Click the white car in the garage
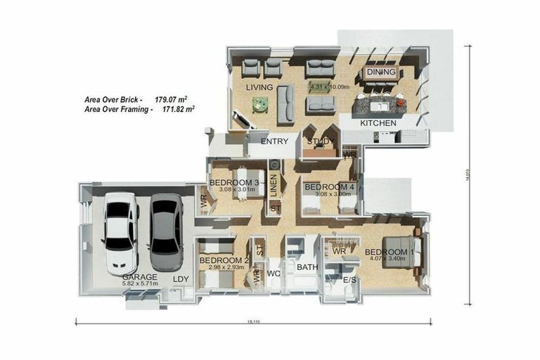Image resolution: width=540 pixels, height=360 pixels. point(121,233)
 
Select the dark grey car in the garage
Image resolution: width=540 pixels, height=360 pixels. point(166,232)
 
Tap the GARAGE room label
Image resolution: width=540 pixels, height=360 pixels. point(139,278)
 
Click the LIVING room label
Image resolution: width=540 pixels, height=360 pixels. point(259,87)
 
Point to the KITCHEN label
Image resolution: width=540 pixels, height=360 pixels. point(378,123)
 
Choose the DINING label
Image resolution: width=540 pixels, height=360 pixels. point(381,72)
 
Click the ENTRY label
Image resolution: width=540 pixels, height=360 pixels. point(274,141)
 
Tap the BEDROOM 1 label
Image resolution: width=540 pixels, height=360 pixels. point(389,252)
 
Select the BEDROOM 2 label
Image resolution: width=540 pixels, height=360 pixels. point(220,260)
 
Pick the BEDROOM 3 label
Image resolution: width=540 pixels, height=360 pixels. point(234,184)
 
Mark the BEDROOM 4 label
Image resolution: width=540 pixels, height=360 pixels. point(329,187)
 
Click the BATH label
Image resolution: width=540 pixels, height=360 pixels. point(307,267)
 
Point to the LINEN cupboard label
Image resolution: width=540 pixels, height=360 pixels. point(274,184)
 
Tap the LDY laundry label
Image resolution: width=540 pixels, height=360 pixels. point(181,279)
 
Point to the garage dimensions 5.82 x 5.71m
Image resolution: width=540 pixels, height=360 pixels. point(139,285)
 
